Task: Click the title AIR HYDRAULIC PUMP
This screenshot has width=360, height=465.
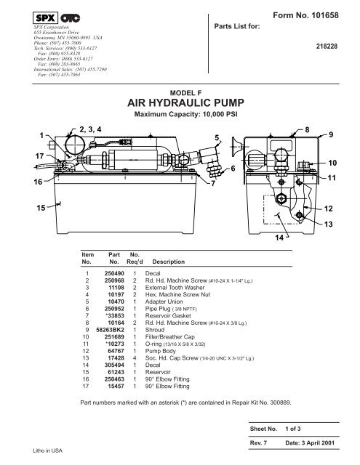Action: tap(179, 103)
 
